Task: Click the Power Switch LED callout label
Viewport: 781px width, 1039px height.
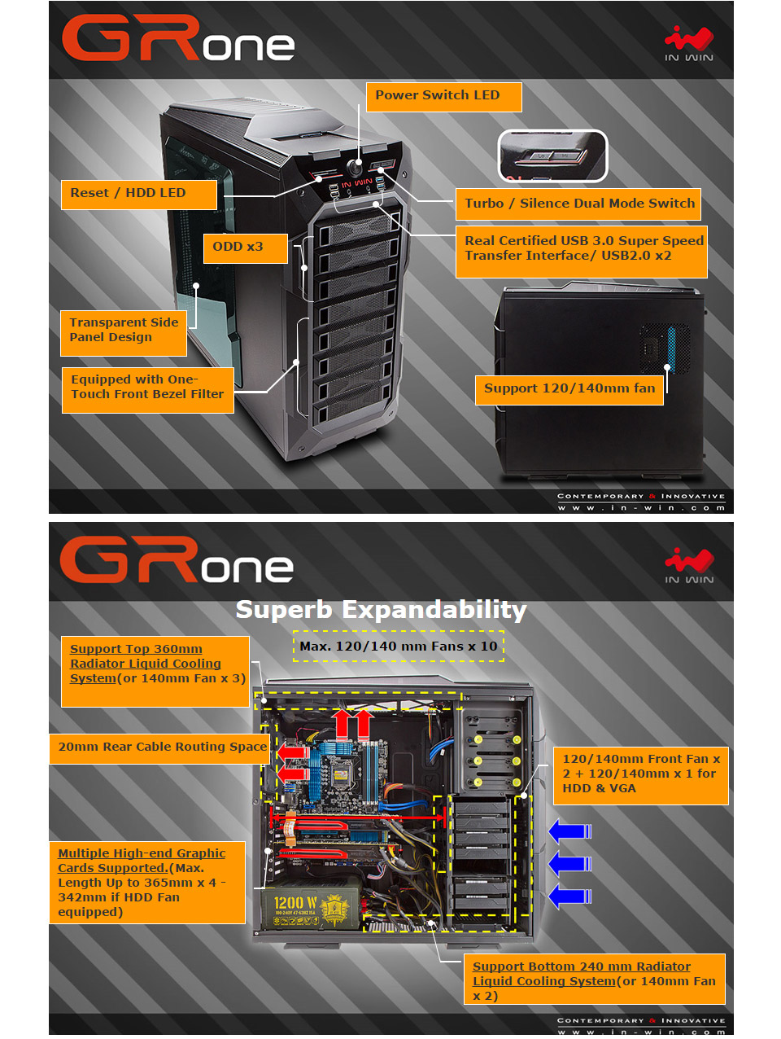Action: click(x=443, y=96)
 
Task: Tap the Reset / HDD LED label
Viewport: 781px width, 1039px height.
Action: click(x=138, y=194)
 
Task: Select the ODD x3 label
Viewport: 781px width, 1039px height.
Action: click(x=245, y=248)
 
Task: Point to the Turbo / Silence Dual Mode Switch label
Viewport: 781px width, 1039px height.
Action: click(x=579, y=204)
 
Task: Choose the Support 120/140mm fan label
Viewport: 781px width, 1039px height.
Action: click(x=569, y=389)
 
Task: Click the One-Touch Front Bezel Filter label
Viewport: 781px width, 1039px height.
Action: click(x=147, y=388)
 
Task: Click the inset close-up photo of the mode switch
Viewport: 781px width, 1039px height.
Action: click(x=552, y=155)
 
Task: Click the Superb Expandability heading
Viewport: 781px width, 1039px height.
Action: click(x=381, y=610)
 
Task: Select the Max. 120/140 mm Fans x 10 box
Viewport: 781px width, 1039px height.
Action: click(x=398, y=647)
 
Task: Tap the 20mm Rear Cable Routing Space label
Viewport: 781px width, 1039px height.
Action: click(x=162, y=747)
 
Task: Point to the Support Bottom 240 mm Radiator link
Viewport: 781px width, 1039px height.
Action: click(x=581, y=967)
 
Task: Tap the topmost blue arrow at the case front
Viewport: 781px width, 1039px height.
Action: click(x=569, y=831)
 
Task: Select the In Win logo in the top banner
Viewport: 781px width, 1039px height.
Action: click(x=688, y=44)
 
